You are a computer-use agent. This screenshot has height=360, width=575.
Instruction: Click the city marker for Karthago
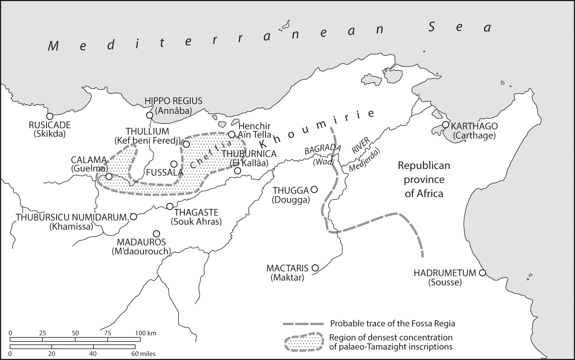[445, 124]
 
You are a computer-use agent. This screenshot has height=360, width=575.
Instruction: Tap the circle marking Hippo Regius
[150, 115]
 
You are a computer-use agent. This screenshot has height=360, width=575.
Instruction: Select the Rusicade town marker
[50, 116]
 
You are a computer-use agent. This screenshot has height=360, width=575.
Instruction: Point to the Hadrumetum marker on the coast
[482, 273]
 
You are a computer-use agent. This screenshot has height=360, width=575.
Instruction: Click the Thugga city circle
[314, 190]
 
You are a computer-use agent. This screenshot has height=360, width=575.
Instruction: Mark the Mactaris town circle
[315, 268]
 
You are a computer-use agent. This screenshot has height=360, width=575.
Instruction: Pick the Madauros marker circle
[157, 234]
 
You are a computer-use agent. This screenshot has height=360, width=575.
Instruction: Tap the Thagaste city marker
[170, 206]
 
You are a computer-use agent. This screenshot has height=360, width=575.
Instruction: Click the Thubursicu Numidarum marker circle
[133, 216]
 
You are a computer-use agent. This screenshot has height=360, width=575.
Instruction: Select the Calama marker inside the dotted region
[109, 176]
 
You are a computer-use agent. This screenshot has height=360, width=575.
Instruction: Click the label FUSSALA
[164, 173]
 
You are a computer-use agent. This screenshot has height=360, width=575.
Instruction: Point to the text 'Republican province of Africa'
[424, 179]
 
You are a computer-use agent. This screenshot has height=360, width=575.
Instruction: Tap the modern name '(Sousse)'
[445, 282]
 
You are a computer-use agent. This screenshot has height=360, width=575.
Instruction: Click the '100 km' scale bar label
[145, 333]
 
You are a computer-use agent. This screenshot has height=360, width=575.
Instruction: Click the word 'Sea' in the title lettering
[459, 27]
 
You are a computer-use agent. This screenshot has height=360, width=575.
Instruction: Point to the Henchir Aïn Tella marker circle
[231, 134]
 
